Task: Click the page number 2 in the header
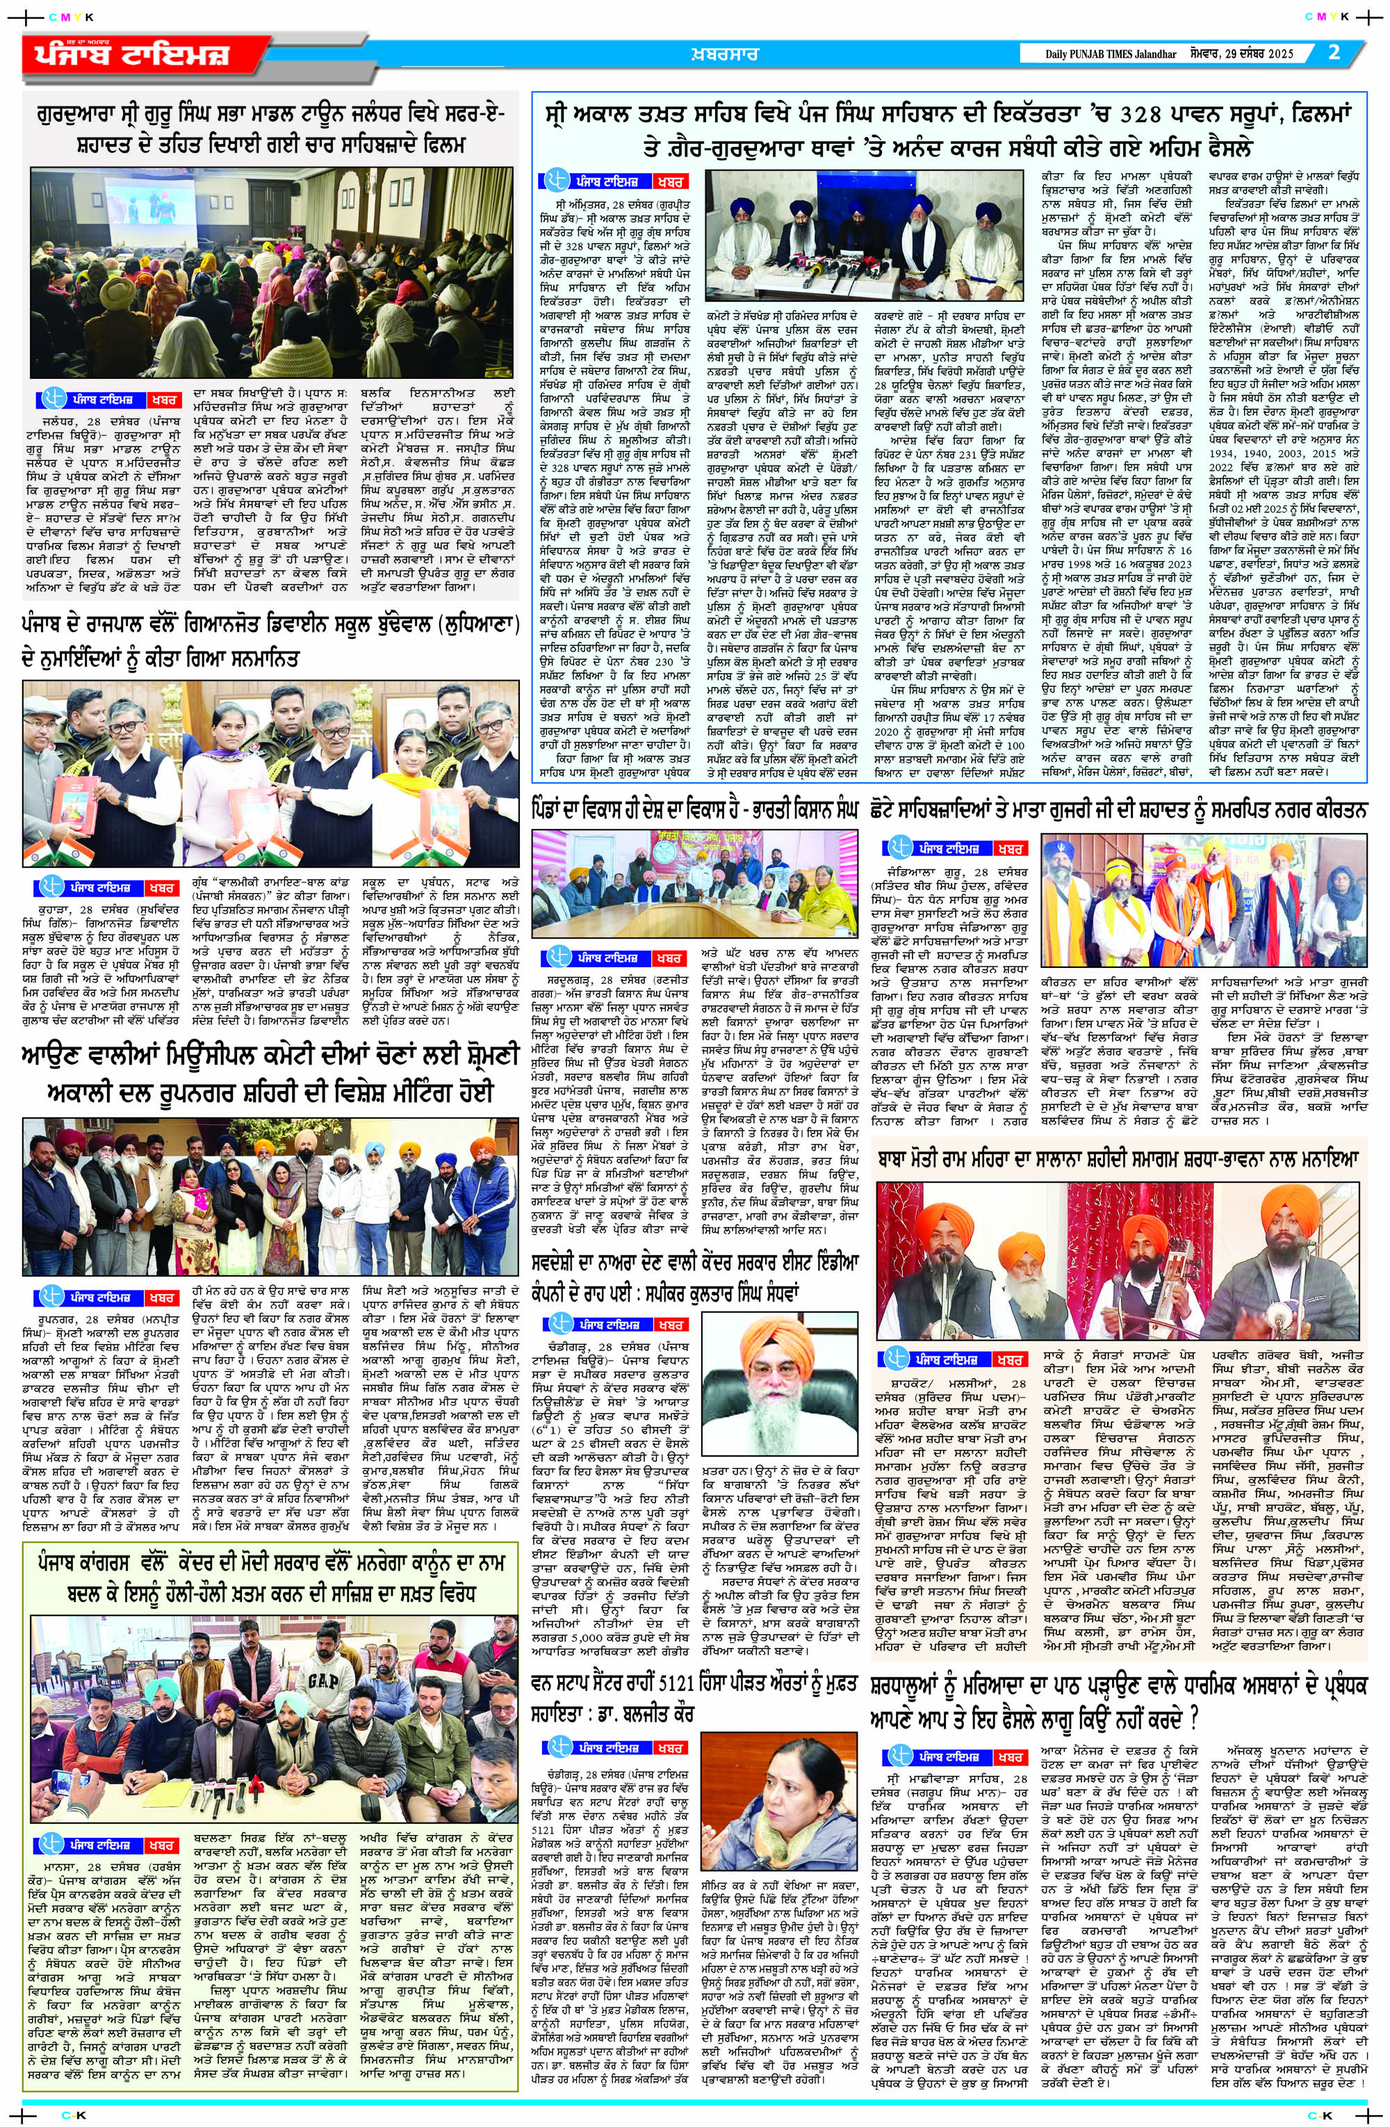pos(1334,52)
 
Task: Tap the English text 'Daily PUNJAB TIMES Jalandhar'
pos(1101,54)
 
